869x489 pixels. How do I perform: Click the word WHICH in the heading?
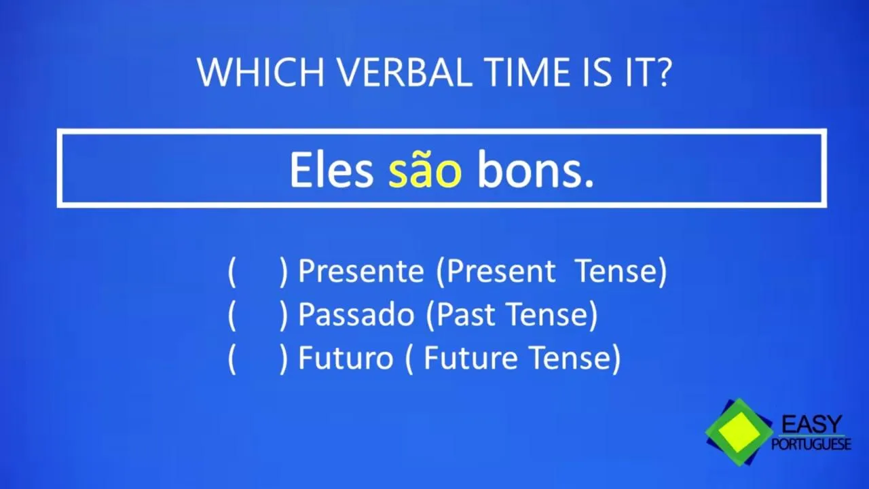coord(260,72)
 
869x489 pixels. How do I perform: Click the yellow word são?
coord(425,170)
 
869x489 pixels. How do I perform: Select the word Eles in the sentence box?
coord(332,170)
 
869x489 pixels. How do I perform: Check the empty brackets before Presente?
coord(258,272)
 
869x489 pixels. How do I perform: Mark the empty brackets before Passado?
coord(258,315)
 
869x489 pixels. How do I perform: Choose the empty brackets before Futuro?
coord(258,359)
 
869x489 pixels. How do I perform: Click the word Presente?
coord(360,271)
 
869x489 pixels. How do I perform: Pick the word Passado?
coord(356,314)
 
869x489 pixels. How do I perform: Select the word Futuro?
coord(346,358)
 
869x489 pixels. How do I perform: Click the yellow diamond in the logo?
coord(740,432)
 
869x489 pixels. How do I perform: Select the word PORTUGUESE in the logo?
coord(811,444)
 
